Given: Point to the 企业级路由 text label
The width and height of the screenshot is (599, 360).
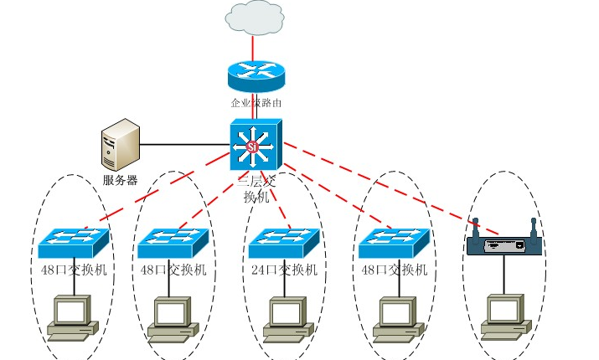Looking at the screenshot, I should point(256,104).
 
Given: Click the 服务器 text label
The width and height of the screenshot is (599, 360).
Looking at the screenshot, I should point(120,180).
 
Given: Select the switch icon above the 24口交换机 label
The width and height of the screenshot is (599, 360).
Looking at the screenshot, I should point(284,242).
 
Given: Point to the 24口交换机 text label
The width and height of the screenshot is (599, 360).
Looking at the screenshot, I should point(284,270).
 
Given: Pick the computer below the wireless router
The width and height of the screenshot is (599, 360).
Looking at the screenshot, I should point(503,316).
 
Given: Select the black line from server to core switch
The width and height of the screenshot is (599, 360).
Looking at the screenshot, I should point(184,145).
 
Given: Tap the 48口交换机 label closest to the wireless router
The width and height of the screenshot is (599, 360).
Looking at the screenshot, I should point(393,270).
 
